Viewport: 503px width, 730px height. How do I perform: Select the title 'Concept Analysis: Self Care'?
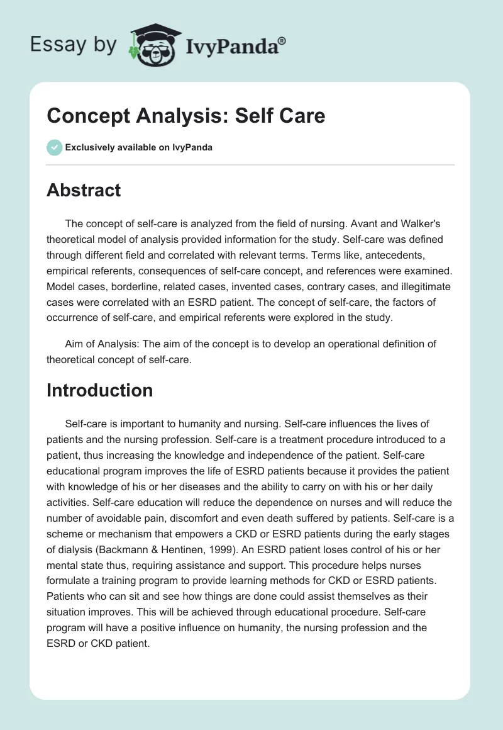(186, 116)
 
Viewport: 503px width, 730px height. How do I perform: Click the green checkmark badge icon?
(54, 147)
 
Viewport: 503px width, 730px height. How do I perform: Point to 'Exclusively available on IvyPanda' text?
(139, 147)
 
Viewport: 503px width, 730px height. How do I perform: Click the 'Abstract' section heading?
(84, 190)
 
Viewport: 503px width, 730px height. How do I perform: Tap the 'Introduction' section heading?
(99, 390)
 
